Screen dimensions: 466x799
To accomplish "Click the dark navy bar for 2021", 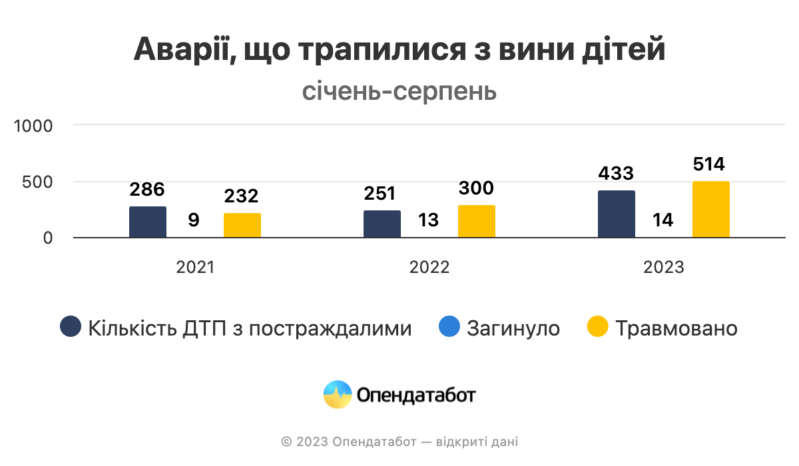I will [x=148, y=222].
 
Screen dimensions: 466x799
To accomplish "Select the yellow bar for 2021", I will [x=242, y=225].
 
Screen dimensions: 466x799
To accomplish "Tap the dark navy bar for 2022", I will [x=382, y=224].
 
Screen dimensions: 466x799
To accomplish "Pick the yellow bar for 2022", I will [x=477, y=221].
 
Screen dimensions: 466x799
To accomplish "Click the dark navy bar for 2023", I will [x=617, y=214].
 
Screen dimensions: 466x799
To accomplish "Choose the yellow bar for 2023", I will [x=711, y=209].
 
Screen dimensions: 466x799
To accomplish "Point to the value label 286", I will [x=147, y=189].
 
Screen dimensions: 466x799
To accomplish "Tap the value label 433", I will [x=616, y=173].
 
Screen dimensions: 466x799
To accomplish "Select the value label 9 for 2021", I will [x=194, y=220].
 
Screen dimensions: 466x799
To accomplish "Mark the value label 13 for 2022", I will [x=428, y=220].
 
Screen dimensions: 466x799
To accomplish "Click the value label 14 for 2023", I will [x=663, y=220].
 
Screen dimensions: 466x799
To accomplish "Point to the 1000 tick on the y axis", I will [x=33, y=125].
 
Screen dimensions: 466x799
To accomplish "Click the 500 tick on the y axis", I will [x=39, y=182].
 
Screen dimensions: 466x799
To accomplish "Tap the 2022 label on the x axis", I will [x=429, y=268].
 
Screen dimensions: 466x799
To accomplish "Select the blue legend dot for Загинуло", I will [x=449, y=328].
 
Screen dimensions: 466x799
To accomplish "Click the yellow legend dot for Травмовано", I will [x=598, y=328].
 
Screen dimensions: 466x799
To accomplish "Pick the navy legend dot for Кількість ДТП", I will [x=71, y=328].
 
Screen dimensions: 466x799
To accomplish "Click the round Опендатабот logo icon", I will [x=337, y=395].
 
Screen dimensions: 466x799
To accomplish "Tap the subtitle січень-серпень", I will [x=400, y=91].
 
